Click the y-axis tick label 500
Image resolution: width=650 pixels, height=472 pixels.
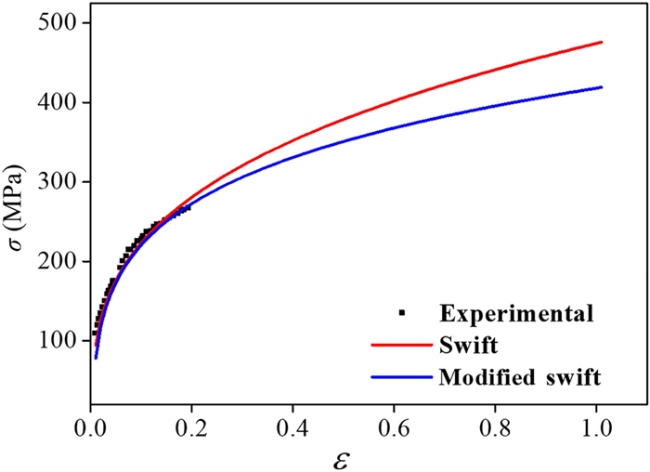(x=58, y=23)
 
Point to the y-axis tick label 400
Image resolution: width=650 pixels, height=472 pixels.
(x=58, y=102)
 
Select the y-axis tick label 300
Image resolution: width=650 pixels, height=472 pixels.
(x=58, y=182)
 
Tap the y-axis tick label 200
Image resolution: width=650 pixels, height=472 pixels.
(x=58, y=261)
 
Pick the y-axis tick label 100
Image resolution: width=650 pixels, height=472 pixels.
(x=58, y=341)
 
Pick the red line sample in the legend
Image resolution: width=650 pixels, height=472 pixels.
(x=401, y=345)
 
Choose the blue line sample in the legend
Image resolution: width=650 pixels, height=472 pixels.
(x=401, y=377)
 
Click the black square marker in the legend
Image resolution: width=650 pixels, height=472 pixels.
(x=401, y=311)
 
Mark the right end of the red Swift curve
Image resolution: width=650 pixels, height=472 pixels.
(x=603, y=42)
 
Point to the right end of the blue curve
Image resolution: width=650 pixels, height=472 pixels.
(x=603, y=87)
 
